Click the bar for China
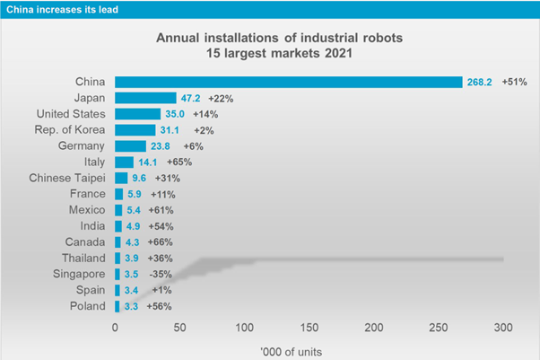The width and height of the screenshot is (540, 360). pos(289,82)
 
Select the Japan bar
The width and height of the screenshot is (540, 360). pos(145,98)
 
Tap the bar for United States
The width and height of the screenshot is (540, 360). pos(138,114)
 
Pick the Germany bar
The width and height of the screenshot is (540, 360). pos(131,146)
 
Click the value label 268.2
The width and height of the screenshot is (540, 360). pos(479,82)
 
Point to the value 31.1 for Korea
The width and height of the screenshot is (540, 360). pos(170,130)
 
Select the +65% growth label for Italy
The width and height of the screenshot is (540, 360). pos(179,162)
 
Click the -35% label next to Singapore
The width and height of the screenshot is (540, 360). pos(161,274)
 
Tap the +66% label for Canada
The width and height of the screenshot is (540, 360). pos(161,242)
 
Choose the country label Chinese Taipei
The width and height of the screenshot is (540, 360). pos(67,178)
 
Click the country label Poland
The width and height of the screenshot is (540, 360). pos(88,306)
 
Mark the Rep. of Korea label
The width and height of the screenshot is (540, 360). pos(70,130)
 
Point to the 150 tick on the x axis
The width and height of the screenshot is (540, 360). pos(309,328)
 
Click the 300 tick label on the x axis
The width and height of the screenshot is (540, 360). pos(503,328)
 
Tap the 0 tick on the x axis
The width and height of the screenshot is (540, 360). pos(115,328)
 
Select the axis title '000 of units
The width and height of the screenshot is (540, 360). pos(292,352)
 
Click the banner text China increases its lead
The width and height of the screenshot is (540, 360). pos(62,9)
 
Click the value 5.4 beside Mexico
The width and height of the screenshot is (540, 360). pos(134,210)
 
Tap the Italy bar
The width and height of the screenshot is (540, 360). pos(125,162)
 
